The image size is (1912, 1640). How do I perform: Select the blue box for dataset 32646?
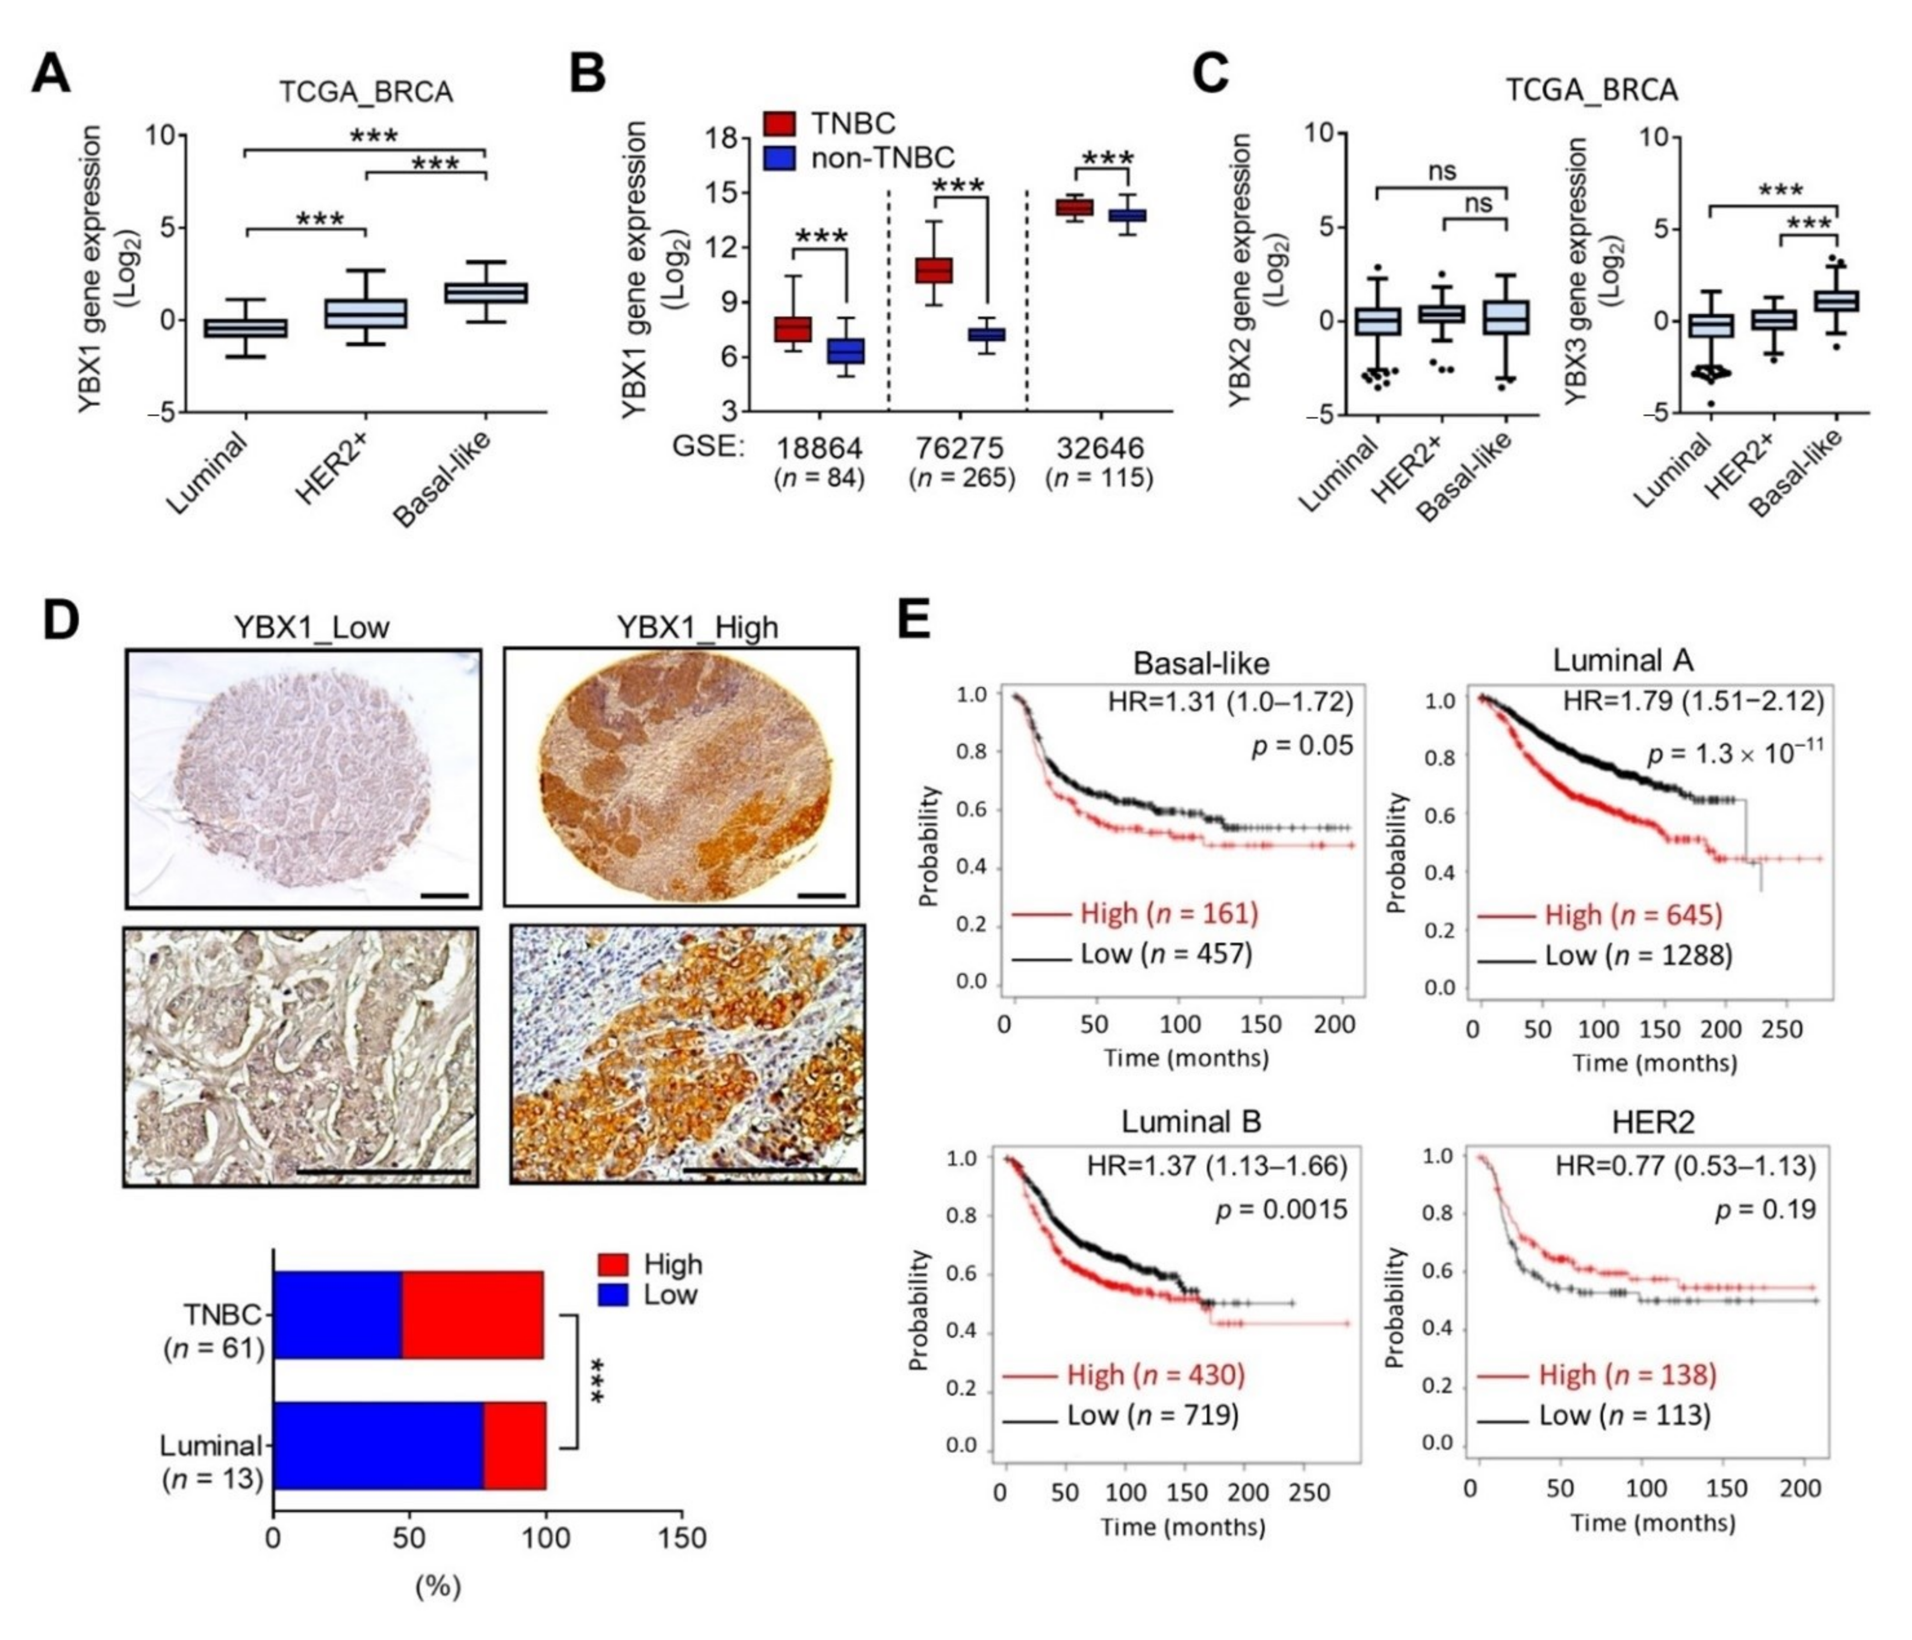tap(1126, 215)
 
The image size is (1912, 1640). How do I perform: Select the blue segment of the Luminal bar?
tap(379, 1446)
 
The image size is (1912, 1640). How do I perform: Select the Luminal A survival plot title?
tap(1622, 661)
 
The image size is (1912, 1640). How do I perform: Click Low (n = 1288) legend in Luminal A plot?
tap(1638, 955)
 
